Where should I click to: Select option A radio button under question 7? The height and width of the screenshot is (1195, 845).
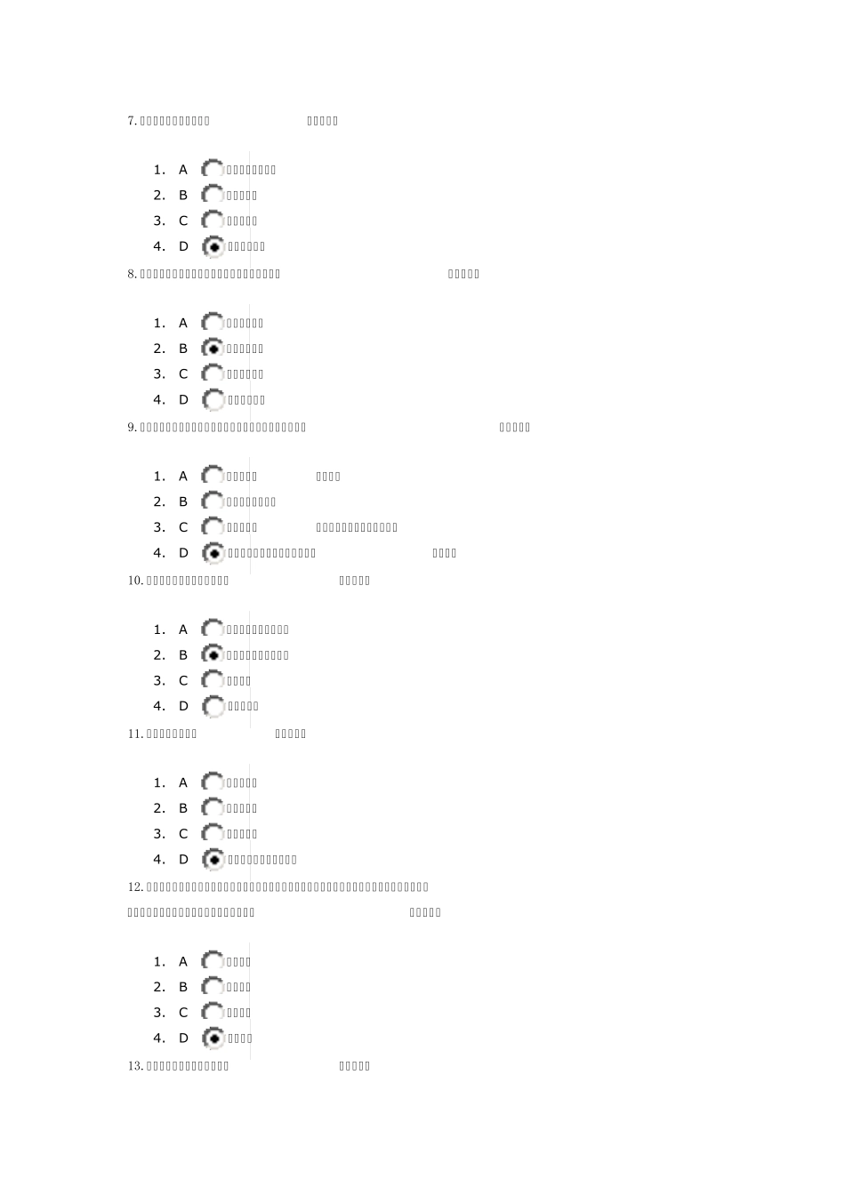[x=213, y=169]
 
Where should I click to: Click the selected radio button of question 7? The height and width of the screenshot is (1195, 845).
[x=213, y=246]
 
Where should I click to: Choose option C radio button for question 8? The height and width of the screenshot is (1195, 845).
[x=213, y=374]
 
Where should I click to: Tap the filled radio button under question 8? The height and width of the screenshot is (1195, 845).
[x=213, y=349]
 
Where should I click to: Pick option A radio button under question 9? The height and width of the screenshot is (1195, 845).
[x=213, y=477]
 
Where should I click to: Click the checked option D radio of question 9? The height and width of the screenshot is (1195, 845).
[x=213, y=553]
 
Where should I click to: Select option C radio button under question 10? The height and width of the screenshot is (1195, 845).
[x=213, y=681]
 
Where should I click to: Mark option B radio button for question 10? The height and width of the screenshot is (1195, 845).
[x=213, y=655]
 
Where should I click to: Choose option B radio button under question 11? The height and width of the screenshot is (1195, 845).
[x=213, y=808]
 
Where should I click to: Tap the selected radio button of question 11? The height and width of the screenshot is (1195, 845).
[x=213, y=860]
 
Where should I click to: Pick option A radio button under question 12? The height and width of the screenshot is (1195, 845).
[x=213, y=961]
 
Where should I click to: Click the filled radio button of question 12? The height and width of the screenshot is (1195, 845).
[x=213, y=1038]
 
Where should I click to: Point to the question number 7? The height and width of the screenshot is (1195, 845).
[x=133, y=121]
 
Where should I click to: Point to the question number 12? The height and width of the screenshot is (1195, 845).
[x=135, y=886]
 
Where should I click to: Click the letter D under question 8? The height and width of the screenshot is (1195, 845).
[x=183, y=400]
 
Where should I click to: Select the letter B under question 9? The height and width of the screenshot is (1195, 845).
[x=183, y=501]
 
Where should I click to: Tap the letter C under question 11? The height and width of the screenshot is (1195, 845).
[x=183, y=834]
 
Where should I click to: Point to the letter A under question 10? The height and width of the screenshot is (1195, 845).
[x=183, y=630]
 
